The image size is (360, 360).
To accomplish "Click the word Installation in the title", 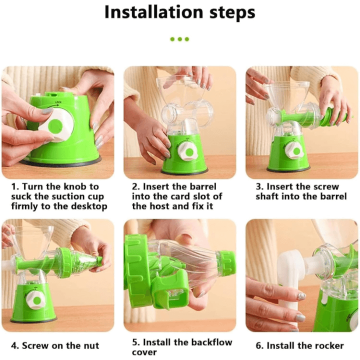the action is point(154,12).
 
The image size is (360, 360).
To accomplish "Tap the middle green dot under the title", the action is point(180,39).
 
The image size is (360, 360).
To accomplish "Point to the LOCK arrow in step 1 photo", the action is point(53,105).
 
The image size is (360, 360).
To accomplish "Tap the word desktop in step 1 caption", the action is point(89,206).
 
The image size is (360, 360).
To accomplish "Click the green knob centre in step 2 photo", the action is point(189,152).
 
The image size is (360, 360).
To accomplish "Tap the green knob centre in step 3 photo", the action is point(296,151).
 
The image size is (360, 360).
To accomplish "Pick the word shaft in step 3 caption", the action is point(267,196).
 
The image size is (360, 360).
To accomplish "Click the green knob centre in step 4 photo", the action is point(37,300).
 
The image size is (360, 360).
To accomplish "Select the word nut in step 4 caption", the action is point(91,345).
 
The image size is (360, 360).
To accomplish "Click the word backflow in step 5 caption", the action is point(211,342).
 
